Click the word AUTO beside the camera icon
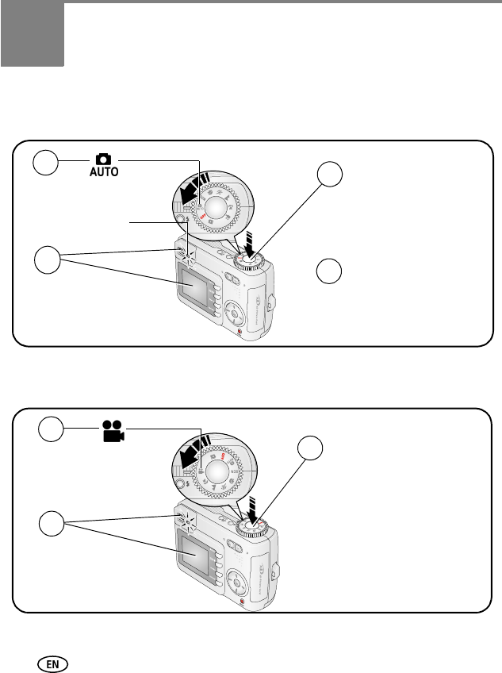[104, 172]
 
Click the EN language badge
[57, 659]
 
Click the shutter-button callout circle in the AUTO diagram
[331, 176]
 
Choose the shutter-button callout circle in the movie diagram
[310, 449]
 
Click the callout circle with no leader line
[331, 271]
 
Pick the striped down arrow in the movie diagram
[251, 506]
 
